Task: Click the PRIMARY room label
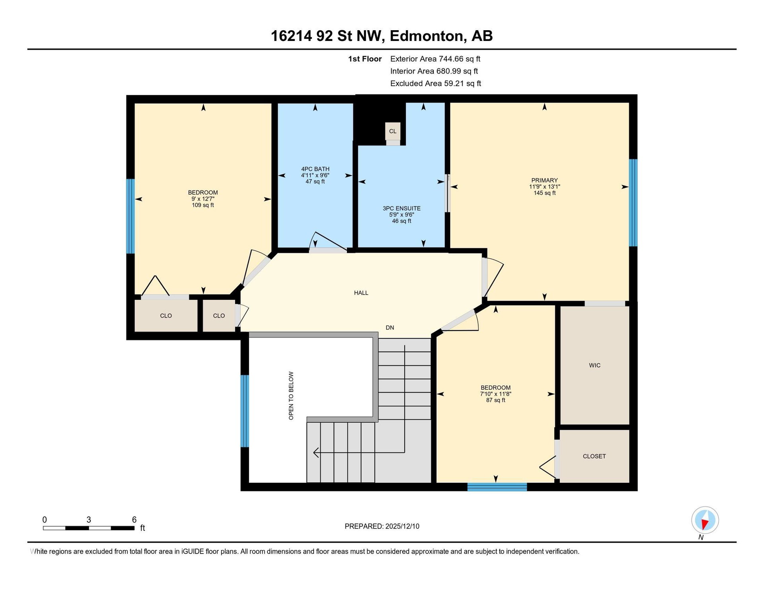pos(544,180)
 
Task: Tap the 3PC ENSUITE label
pos(401,208)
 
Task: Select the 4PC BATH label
pos(315,169)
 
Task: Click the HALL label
pos(361,293)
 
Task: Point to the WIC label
pos(594,365)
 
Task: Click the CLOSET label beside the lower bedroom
pos(594,456)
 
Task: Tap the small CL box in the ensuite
pos(393,131)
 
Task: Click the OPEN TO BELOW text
pos(291,396)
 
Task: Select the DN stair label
pos(390,328)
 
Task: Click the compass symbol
pos(705,520)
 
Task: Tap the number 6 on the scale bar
pos(134,520)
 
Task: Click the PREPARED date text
pos(382,526)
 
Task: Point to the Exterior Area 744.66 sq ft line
pos(435,59)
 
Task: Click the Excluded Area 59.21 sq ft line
pos(436,83)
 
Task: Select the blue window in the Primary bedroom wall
pos(633,203)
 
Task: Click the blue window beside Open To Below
pos(245,411)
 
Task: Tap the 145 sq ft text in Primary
pos(544,193)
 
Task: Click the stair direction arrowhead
pos(316,452)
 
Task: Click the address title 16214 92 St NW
pos(327,36)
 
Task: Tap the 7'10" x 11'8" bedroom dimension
pos(495,394)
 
